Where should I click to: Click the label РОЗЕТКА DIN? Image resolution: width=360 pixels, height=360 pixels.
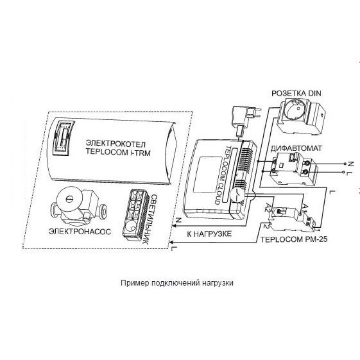(x=296, y=94)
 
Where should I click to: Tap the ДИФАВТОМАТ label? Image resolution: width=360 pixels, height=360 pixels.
(x=296, y=148)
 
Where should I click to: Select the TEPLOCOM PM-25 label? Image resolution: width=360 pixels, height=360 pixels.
(x=294, y=239)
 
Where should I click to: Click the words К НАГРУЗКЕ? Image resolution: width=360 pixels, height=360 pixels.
(x=209, y=234)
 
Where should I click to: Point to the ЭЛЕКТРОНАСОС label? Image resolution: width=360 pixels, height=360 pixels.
(x=80, y=232)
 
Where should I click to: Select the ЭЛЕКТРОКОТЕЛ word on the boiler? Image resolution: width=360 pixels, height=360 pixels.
(x=116, y=144)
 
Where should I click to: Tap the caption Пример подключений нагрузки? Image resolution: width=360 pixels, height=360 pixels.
(x=176, y=282)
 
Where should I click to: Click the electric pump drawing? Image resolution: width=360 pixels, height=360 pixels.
(x=78, y=207)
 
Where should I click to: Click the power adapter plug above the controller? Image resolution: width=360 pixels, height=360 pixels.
(x=245, y=120)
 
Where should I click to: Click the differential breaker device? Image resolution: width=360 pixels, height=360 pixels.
(x=294, y=169)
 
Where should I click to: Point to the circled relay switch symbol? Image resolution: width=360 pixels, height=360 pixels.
(x=237, y=195)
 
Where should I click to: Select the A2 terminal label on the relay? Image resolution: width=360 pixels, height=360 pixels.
(x=268, y=207)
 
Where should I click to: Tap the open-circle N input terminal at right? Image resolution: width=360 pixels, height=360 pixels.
(x=345, y=164)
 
